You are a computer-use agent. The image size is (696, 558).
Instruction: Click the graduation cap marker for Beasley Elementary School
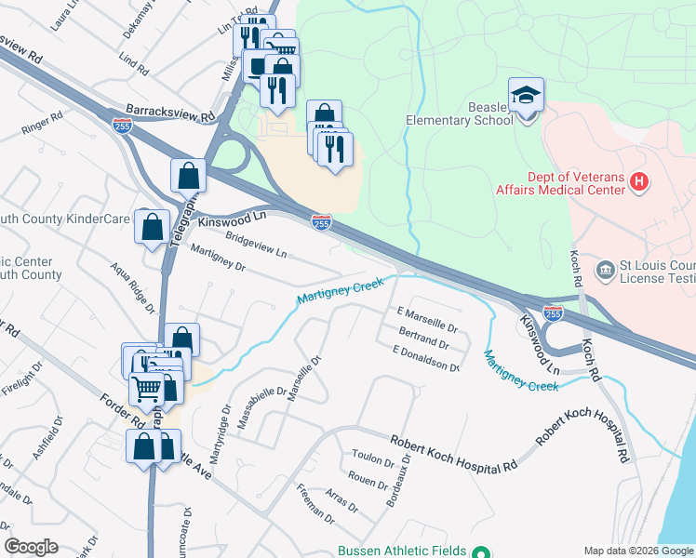pyautogui.click(x=526, y=95)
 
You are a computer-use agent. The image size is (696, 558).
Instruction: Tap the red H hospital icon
pyautogui.click(x=638, y=182)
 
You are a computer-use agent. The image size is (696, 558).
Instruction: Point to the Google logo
pyautogui.click(x=31, y=547)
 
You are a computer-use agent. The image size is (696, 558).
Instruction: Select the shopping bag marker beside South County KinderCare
pyautogui.click(x=152, y=226)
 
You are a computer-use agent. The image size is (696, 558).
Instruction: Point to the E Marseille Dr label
pyautogui.click(x=427, y=321)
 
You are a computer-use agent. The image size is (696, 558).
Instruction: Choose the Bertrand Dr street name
pyautogui.click(x=423, y=338)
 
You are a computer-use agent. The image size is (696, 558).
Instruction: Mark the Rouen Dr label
pyautogui.click(x=369, y=484)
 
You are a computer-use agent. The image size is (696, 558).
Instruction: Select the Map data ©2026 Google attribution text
pyautogui.click(x=637, y=551)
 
